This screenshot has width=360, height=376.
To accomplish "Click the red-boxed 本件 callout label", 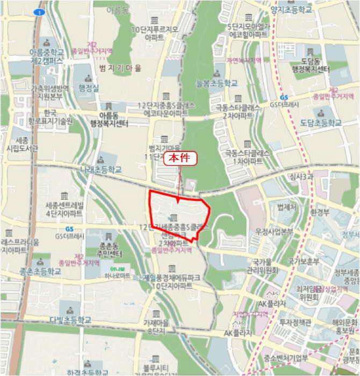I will point(180,158).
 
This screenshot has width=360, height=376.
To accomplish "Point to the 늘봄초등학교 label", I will point(217,83).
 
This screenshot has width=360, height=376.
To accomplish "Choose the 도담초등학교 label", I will point(321,123).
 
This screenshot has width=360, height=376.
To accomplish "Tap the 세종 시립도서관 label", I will point(20,144).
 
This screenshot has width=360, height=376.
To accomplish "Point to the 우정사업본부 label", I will point(274,232).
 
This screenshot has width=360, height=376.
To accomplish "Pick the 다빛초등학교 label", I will point(70,320).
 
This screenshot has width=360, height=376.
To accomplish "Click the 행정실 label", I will point(89,88).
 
